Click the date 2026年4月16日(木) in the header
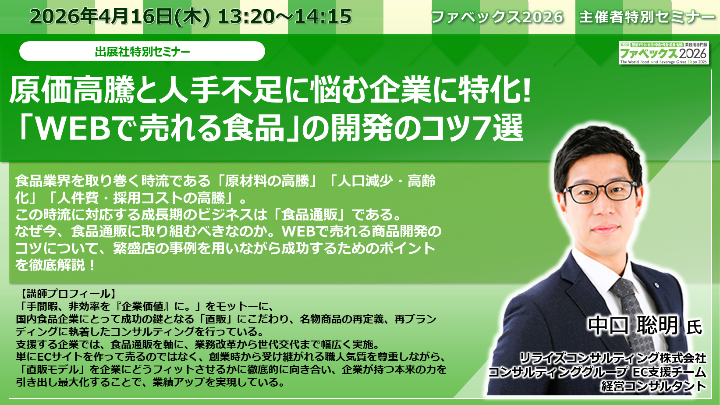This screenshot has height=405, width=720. click(120, 17)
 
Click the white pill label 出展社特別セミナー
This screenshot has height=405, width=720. click(142, 51)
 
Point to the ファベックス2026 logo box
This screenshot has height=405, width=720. click(664, 53)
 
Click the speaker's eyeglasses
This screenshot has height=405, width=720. click(600, 192)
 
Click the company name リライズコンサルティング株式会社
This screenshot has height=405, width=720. click(613, 358)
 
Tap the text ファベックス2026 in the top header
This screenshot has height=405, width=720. click(497, 17)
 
